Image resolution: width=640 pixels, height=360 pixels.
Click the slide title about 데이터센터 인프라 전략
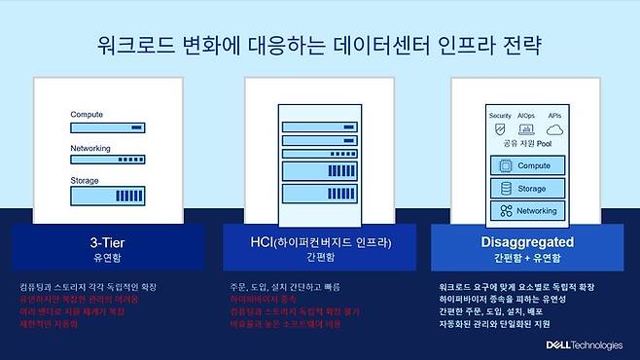tap(320, 45)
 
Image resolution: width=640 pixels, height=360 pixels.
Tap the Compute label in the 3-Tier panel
tap(87, 115)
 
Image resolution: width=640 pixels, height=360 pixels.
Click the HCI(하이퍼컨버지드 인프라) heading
tap(319, 241)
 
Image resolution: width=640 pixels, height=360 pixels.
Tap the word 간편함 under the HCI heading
tap(319, 258)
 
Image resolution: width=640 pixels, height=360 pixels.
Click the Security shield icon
tap(500, 128)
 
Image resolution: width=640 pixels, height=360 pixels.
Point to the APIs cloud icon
tap(555, 128)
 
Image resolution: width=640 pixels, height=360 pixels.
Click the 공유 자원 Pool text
tap(528, 144)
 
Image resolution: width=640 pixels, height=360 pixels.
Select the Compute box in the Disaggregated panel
tap(528, 165)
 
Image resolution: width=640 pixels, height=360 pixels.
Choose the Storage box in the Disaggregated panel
tap(528, 188)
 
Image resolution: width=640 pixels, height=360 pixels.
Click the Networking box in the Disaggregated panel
tap(528, 210)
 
